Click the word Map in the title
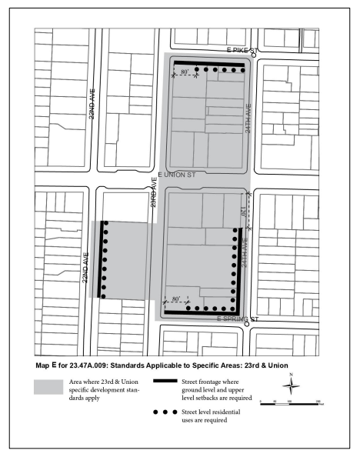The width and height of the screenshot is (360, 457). [x=44, y=365]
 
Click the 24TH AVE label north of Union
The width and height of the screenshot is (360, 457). [x=248, y=118]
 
